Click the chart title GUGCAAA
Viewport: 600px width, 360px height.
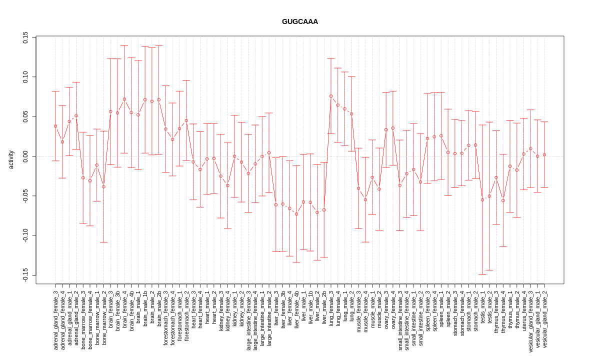[300, 21]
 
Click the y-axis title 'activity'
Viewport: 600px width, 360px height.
[11, 159]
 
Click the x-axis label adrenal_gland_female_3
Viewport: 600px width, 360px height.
[55, 320]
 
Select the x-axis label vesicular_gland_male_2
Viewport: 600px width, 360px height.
[544, 319]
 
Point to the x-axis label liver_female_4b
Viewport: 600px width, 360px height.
[296, 309]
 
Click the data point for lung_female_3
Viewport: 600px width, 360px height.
[331, 96]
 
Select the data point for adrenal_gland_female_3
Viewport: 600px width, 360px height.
[55, 126]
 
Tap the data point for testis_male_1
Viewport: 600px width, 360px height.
[482, 199]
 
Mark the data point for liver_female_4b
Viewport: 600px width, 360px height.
[296, 214]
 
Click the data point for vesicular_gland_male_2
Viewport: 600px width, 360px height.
[544, 155]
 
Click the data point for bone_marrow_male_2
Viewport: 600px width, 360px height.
[104, 187]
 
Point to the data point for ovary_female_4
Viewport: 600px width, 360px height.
[393, 128]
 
